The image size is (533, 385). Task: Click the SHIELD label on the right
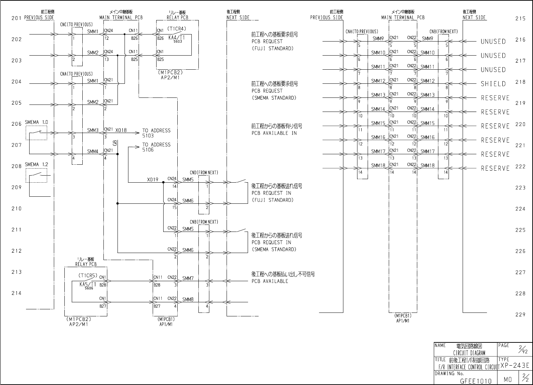click(493, 84)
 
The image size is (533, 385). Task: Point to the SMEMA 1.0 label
click(37, 122)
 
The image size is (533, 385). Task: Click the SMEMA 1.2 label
click(37, 165)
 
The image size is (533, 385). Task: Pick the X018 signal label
click(121, 130)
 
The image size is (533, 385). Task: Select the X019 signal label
click(153, 180)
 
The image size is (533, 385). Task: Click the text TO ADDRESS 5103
click(156, 133)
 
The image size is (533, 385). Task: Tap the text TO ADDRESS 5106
click(156, 147)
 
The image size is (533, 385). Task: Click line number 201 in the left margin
click(17, 18)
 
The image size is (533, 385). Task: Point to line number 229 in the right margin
click(520, 315)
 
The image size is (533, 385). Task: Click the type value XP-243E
click(515, 366)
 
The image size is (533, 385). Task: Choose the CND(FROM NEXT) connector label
click(204, 173)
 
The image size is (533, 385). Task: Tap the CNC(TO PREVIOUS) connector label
click(77, 25)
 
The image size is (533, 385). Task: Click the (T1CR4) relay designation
click(177, 29)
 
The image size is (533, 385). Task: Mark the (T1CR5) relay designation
click(88, 276)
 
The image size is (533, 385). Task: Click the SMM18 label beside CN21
click(378, 165)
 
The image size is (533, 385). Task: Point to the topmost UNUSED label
click(493, 42)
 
